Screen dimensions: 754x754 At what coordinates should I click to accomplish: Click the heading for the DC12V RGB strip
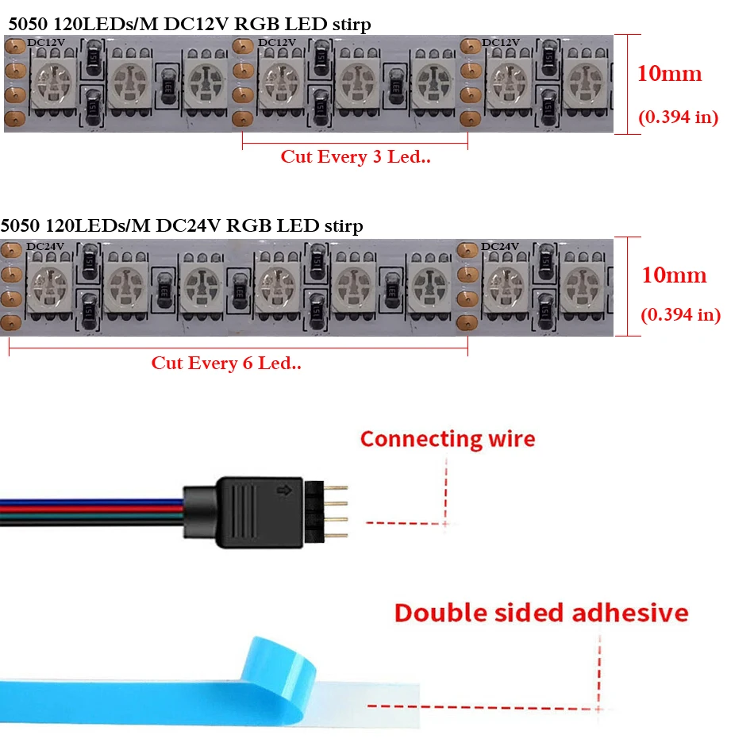click(x=189, y=25)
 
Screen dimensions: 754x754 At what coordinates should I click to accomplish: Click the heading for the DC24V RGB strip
click(x=182, y=226)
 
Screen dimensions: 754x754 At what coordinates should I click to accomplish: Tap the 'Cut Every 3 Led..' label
click(x=355, y=156)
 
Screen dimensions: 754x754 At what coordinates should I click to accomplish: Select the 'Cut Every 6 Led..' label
click(x=226, y=364)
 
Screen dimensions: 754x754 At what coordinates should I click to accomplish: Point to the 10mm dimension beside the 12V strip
click(x=669, y=74)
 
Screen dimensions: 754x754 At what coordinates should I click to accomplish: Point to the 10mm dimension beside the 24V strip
click(x=673, y=275)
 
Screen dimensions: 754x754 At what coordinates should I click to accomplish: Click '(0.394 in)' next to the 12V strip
click(x=678, y=117)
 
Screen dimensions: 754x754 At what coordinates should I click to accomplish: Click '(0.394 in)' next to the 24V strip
click(x=680, y=314)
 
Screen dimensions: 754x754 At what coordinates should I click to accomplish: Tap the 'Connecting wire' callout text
click(x=448, y=439)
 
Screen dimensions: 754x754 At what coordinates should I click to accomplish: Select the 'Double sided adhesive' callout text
click(x=541, y=613)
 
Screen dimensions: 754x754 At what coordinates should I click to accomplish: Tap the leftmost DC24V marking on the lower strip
click(x=45, y=246)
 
